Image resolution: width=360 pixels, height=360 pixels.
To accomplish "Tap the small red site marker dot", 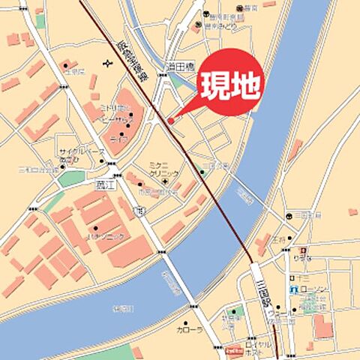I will tap(170, 120).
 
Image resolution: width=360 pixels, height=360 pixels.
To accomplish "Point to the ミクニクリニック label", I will tap(163, 169).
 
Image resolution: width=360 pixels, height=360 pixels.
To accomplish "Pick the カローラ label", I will tap(188, 329).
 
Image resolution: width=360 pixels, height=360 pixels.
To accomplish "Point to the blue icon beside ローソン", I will tap(295, 289).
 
